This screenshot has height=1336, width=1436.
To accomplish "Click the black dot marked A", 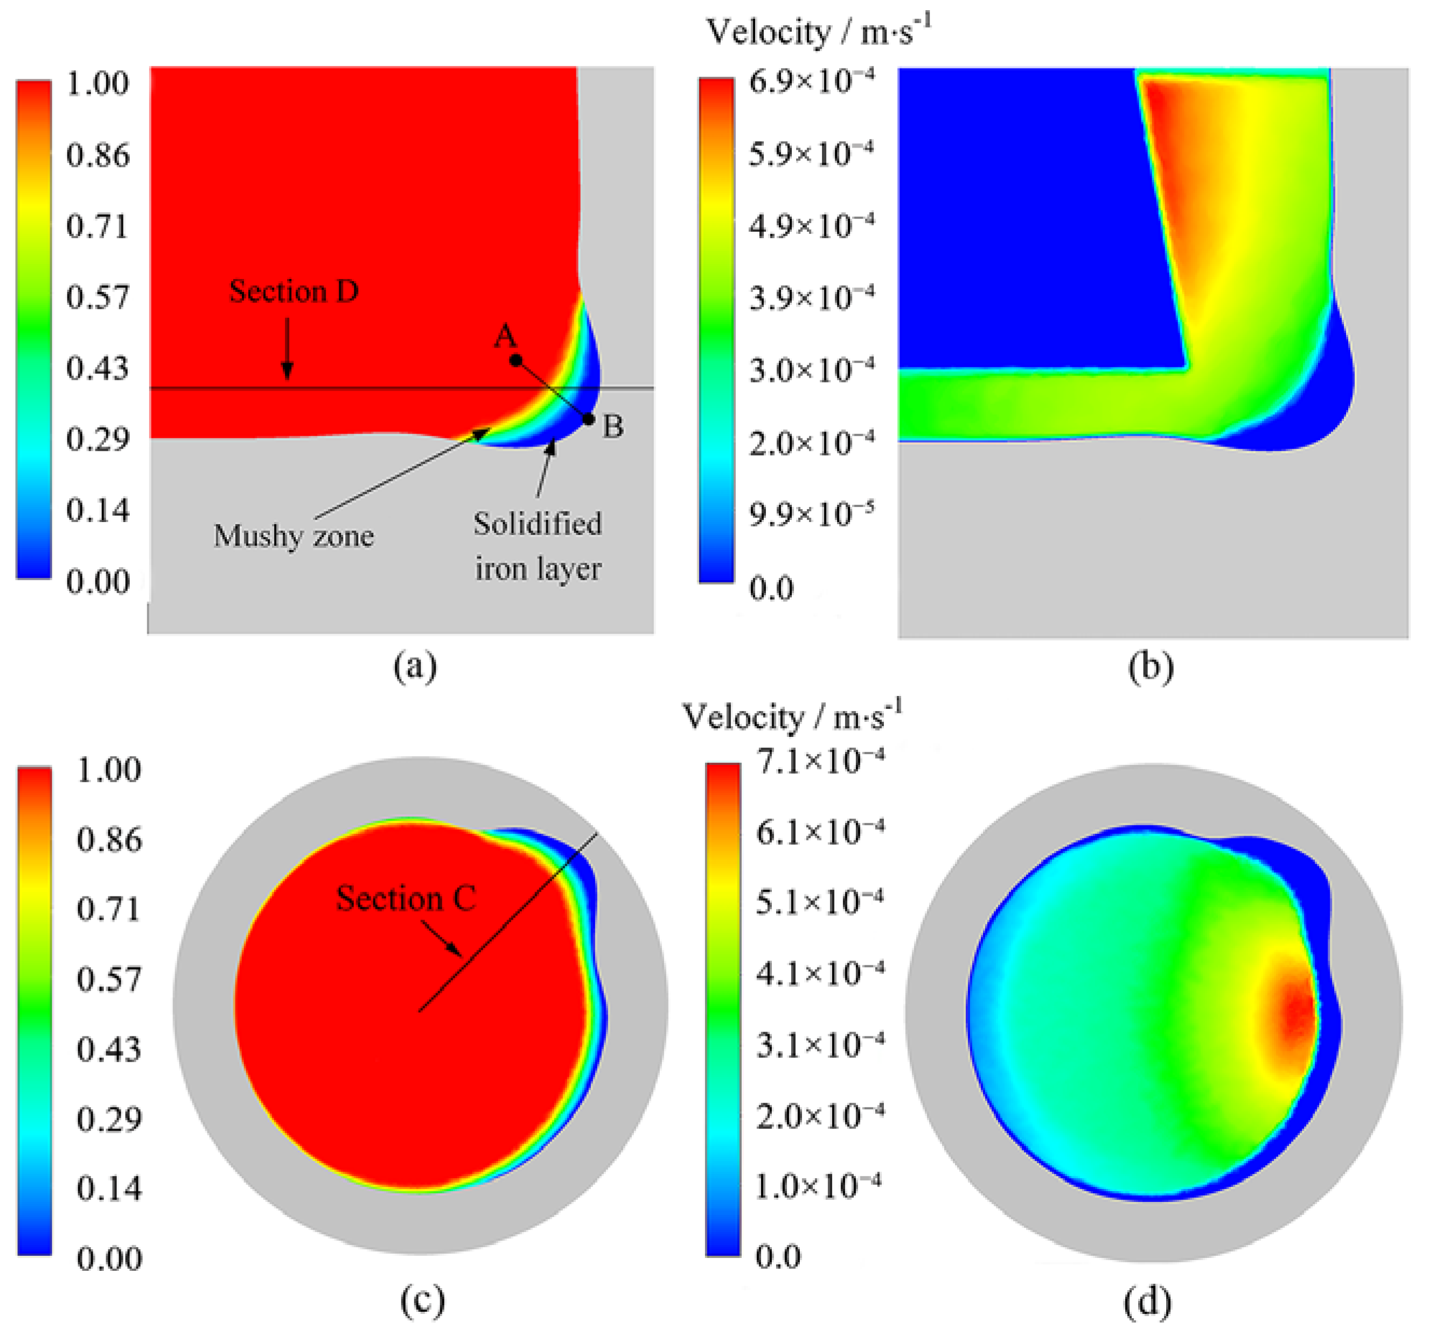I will tap(515, 359).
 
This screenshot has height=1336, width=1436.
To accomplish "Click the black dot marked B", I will tap(589, 419).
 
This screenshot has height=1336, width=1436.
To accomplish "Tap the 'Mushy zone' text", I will tap(293, 536).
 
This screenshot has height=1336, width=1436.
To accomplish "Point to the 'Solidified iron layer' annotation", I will tap(538, 546).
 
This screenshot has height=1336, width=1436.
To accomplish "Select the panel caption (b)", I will tap(1151, 667).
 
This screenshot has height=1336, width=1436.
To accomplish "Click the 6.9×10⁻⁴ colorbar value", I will tap(811, 81).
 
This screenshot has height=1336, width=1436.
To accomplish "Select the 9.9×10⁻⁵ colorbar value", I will tap(811, 514).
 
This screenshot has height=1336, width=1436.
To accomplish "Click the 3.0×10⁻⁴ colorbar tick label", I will tap(811, 369).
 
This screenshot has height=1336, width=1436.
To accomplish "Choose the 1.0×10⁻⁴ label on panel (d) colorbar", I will tap(818, 1186).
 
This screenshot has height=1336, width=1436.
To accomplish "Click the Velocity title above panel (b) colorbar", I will tap(818, 32).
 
